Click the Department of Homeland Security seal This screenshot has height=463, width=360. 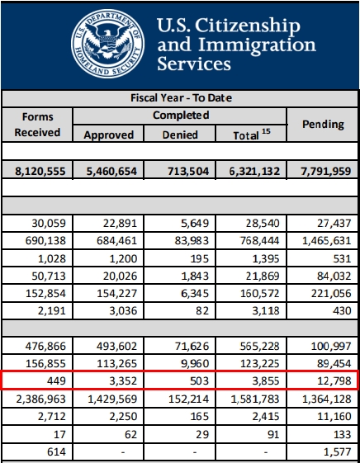pos(108,44)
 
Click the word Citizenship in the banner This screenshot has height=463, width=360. pos(248,26)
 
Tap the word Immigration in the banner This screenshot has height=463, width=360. pos(257,45)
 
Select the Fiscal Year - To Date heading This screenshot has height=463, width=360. pos(181,97)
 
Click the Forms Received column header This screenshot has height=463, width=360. pos(37,125)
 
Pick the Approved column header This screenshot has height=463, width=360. pos(109,135)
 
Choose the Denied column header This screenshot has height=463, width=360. pos(180,135)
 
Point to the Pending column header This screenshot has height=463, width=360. pos(323,124)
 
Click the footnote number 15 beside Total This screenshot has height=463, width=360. pos(266,131)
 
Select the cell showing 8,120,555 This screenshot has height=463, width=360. pos(40,171)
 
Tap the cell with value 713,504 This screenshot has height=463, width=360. pos(188,171)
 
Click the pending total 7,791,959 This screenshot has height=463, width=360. pos(326,171)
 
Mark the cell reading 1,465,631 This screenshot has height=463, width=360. pos(327,241)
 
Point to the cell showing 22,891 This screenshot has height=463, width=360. pos(120,223)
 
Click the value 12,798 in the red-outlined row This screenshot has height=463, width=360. pos(334,380)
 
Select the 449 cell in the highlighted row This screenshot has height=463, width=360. pos(56,380)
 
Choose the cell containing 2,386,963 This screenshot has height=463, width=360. pos(40,399)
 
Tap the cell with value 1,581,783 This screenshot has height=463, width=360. pos(255,399)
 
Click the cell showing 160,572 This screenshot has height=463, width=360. pos(259,293)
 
